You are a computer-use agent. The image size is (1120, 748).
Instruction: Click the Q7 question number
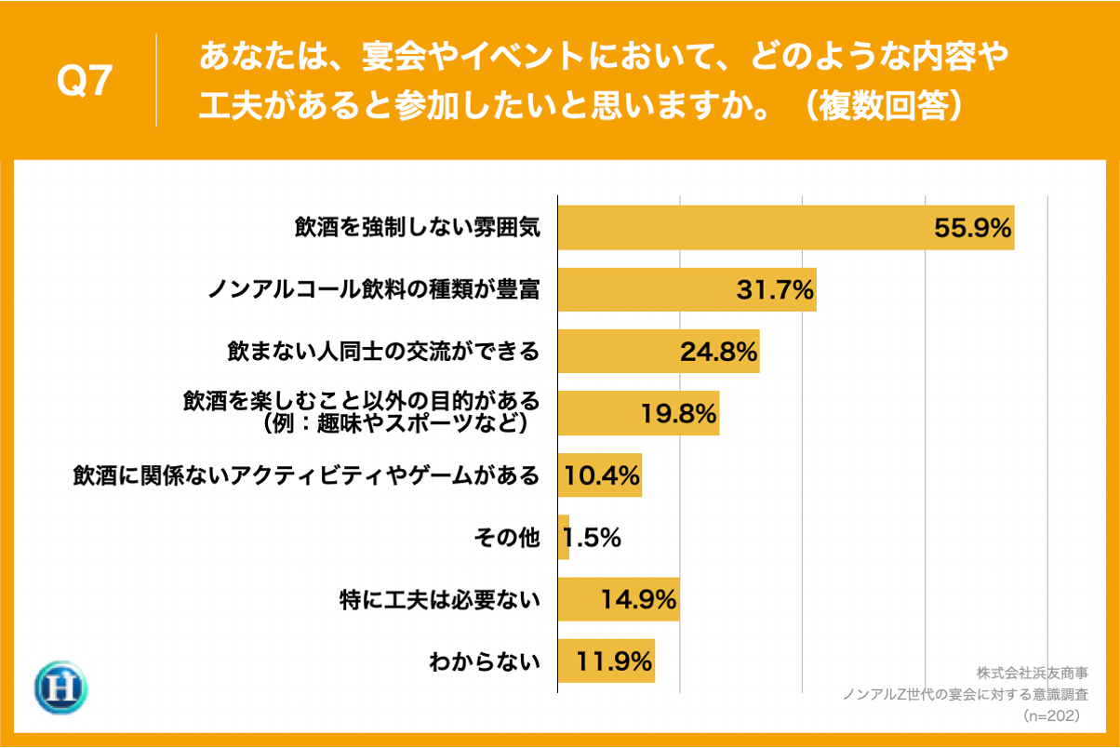(x=85, y=82)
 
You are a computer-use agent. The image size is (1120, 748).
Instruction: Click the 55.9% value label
(x=972, y=228)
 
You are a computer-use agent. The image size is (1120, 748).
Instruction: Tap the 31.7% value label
(x=775, y=290)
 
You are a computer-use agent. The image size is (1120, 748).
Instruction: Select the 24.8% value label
(x=718, y=352)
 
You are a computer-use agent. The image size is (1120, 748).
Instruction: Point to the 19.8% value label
(x=678, y=413)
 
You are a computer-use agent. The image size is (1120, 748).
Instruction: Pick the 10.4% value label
(x=601, y=475)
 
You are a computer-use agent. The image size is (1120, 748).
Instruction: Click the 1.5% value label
(x=592, y=538)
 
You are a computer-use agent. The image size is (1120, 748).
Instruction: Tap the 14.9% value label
(x=638, y=600)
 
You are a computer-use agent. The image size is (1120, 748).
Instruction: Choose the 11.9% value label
(x=614, y=661)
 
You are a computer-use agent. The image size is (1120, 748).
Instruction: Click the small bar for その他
(x=564, y=538)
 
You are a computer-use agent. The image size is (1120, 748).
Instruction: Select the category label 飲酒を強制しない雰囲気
(x=417, y=229)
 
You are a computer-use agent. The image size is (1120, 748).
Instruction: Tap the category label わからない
(x=484, y=662)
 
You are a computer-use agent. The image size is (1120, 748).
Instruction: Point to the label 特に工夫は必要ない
(x=439, y=600)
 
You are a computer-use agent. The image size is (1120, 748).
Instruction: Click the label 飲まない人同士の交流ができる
(x=383, y=353)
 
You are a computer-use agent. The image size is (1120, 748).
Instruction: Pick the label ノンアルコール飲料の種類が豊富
(x=373, y=290)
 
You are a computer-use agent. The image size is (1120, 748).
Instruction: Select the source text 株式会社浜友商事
(x=1033, y=673)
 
